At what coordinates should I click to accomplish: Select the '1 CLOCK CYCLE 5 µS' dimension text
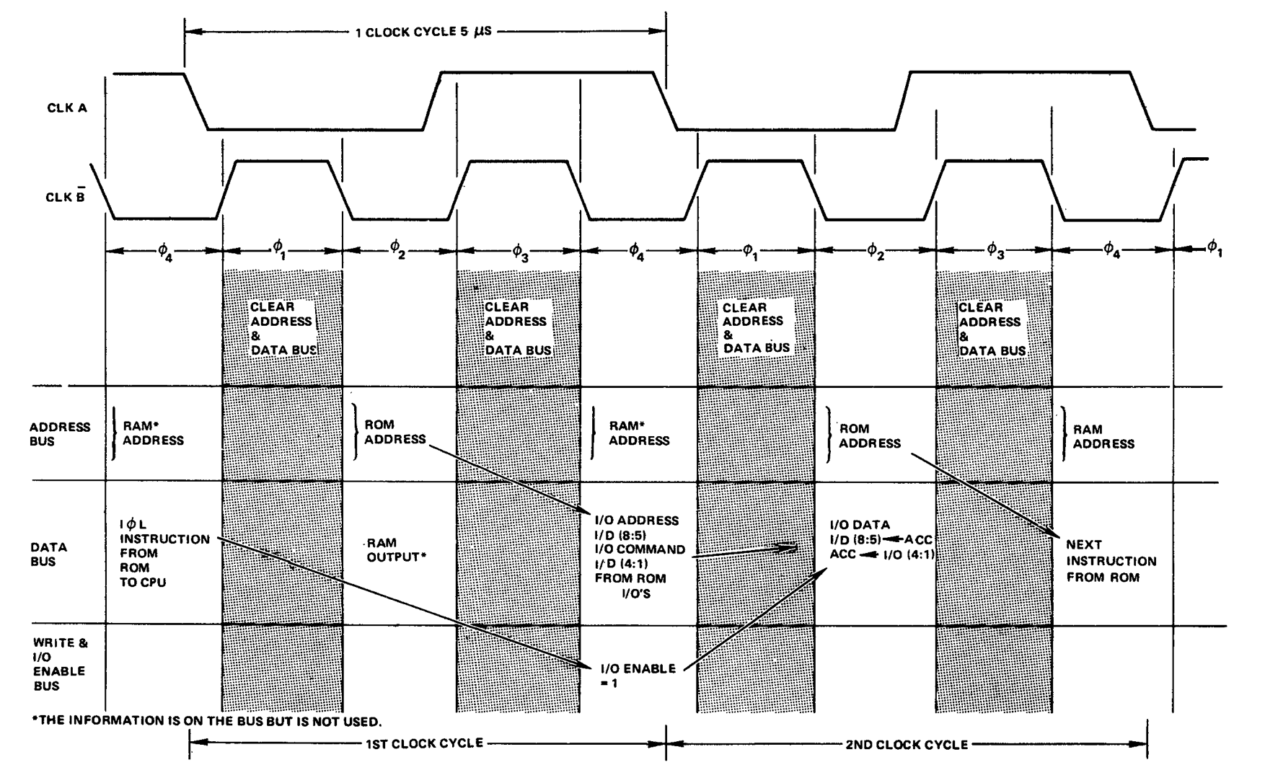coord(423,32)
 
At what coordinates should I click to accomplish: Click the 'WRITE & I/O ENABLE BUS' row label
coord(59,664)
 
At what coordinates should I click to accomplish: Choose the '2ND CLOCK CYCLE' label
coord(906,745)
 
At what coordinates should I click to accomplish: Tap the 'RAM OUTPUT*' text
coord(393,550)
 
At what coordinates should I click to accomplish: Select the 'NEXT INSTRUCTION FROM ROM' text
coord(1111,561)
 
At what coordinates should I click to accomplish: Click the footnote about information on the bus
coord(207,721)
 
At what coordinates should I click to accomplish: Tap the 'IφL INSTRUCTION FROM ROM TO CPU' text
coord(164,553)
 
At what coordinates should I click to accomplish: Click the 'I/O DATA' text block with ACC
coord(882,539)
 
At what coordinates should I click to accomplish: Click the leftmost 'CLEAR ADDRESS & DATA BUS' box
coord(281,328)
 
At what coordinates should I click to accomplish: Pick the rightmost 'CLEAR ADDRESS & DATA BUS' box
coord(992,329)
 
